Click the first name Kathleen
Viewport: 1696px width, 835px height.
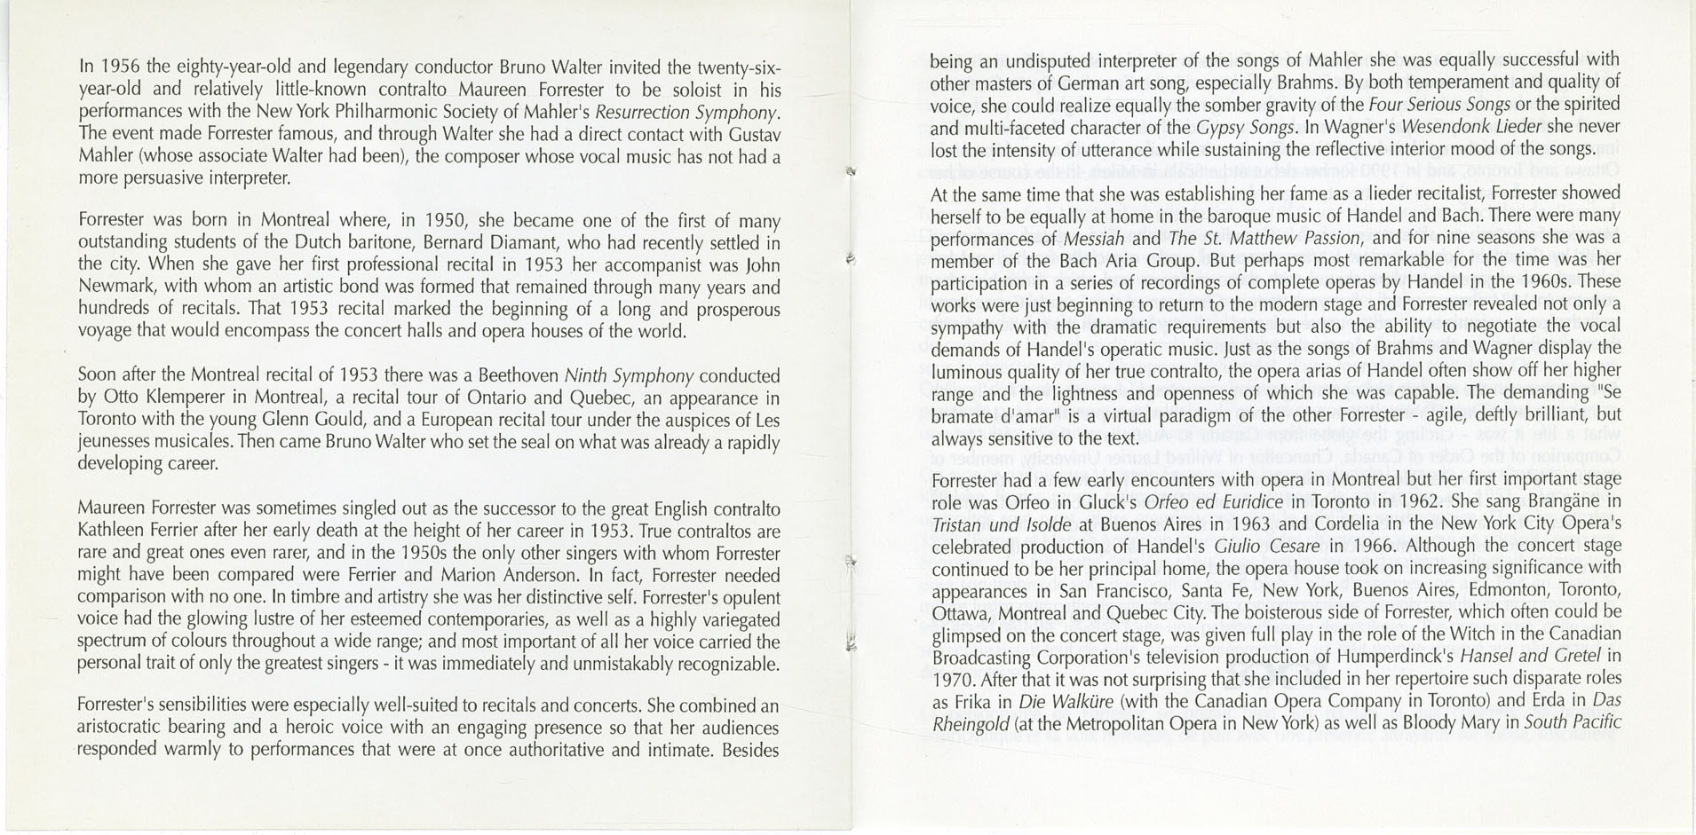coord(111,532)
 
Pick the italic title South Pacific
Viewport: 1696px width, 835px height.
coord(1573,722)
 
